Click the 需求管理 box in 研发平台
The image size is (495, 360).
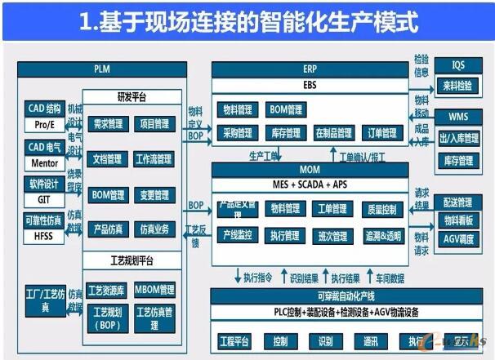point(108,124)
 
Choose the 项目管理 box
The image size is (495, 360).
point(154,124)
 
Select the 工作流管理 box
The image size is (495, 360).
point(154,159)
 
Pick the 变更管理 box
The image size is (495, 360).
point(154,194)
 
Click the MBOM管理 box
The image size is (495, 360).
point(154,290)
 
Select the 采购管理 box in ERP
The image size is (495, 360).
point(237,133)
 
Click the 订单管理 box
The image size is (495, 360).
point(381,133)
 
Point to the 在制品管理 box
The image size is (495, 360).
point(333,133)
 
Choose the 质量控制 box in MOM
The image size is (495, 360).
point(381,210)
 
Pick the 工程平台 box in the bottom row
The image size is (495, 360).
point(237,340)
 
